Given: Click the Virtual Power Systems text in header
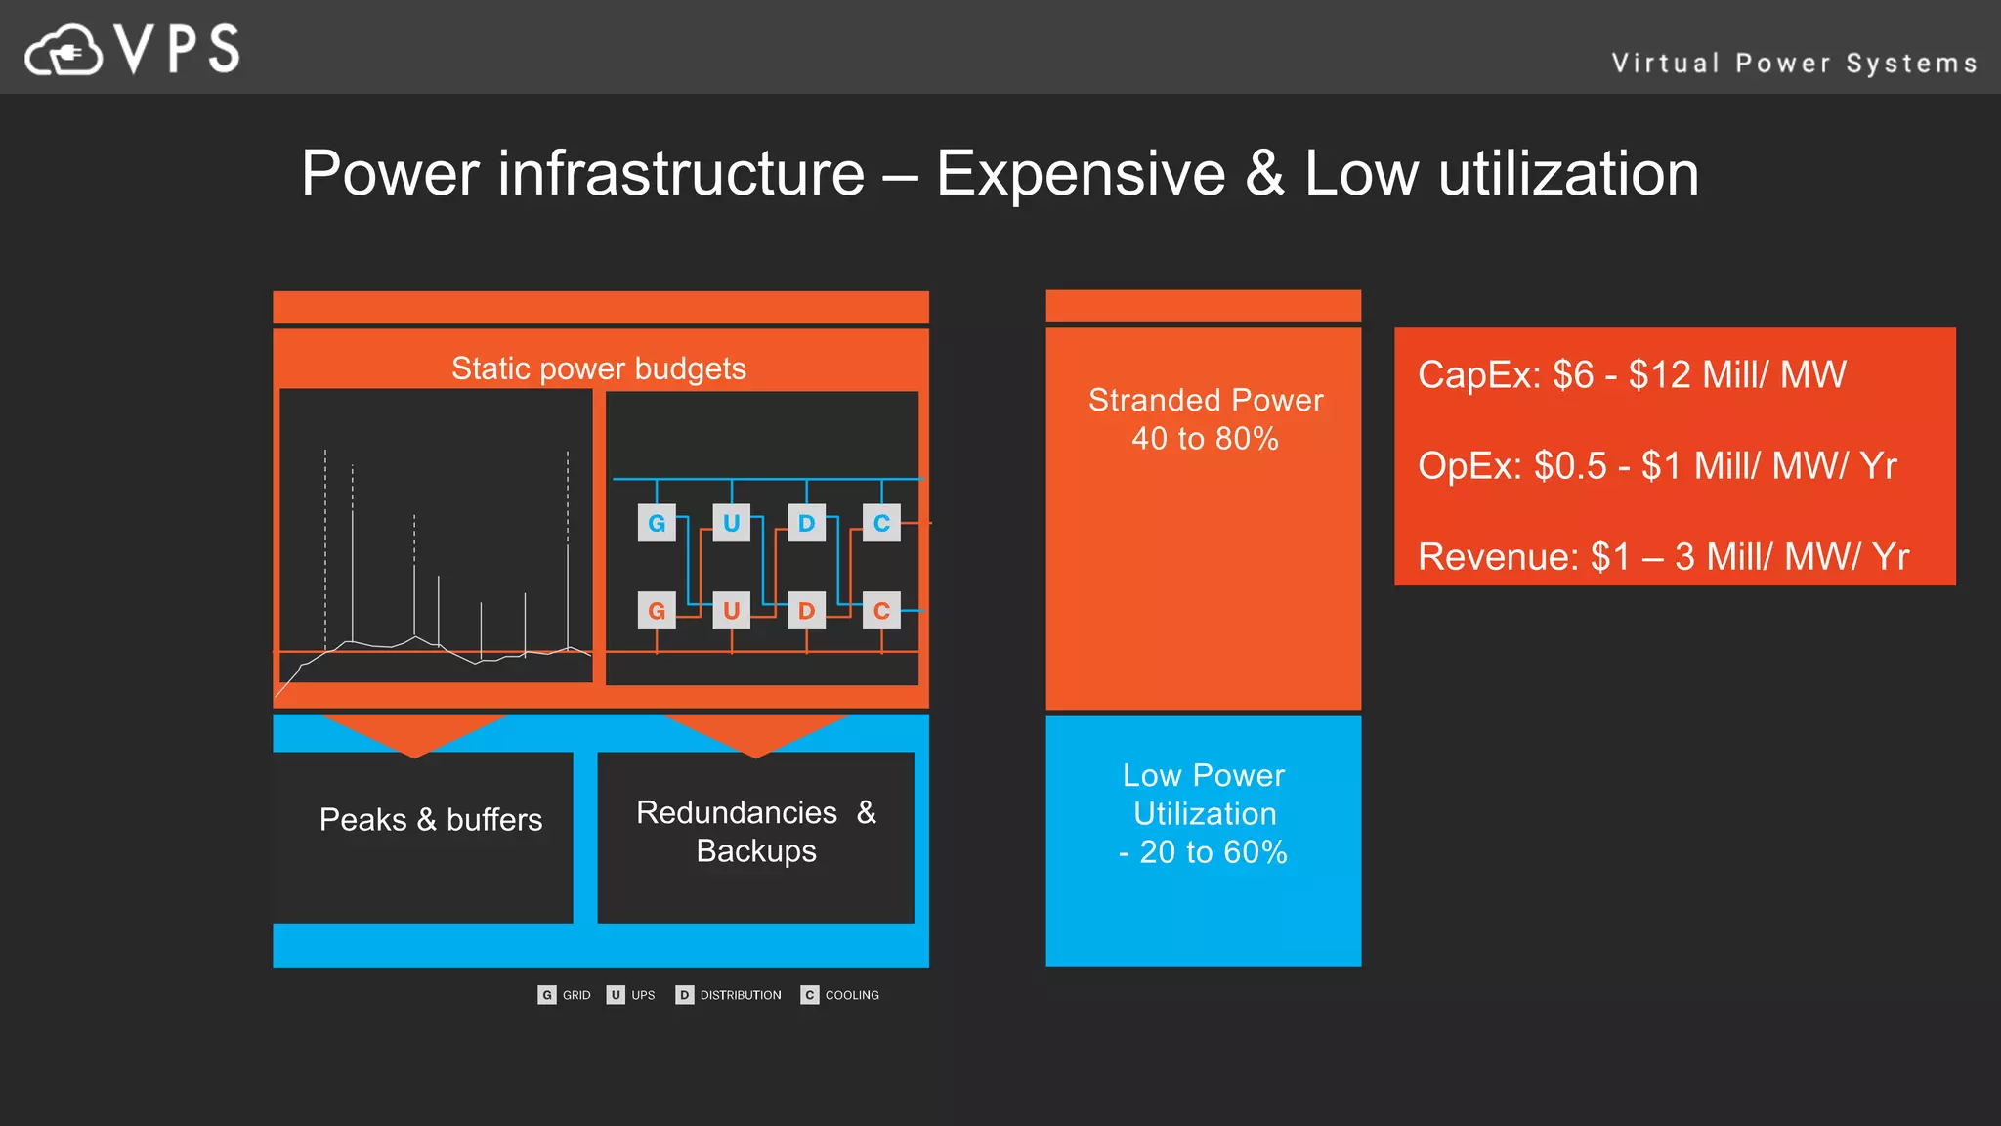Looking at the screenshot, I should click(1794, 64).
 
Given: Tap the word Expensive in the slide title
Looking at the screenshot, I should click(1081, 174).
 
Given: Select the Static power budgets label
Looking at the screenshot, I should click(598, 368).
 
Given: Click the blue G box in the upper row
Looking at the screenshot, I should click(657, 523).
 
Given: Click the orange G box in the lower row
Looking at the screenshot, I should click(657, 611).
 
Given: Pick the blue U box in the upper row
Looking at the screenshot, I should click(731, 523).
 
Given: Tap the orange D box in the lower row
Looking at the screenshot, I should click(806, 611).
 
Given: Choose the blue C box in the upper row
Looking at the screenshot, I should click(881, 523).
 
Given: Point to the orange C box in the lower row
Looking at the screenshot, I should click(881, 611).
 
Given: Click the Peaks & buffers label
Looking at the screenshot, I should click(430, 819).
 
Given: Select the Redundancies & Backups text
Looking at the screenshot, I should click(755, 831).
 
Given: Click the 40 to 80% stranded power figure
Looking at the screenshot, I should click(1205, 439).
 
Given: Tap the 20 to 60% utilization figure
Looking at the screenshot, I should click(1212, 852).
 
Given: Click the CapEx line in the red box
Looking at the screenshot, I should click(1631, 375).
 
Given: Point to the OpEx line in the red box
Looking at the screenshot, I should click(1656, 466).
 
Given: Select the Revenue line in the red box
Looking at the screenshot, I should click(1662, 557).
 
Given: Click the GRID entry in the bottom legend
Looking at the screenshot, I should click(566, 995).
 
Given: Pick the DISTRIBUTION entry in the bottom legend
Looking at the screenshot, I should click(729, 995).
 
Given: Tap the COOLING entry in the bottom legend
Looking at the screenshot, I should click(840, 995).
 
